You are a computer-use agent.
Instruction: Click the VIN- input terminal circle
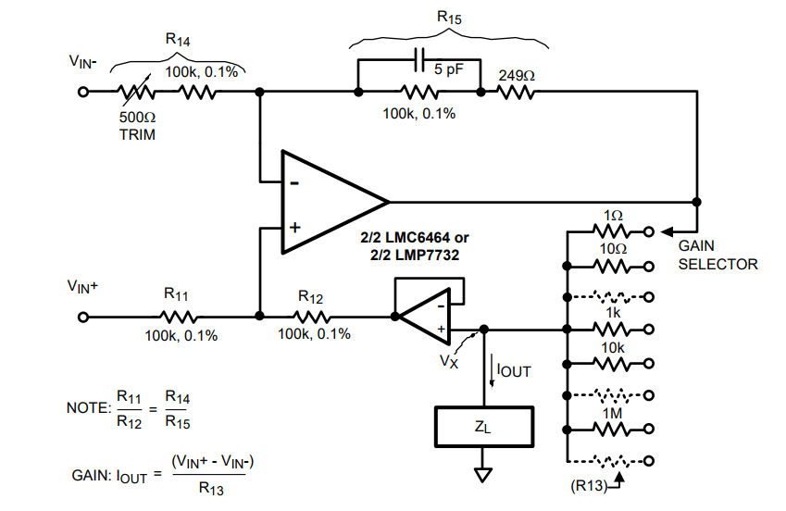click(82, 93)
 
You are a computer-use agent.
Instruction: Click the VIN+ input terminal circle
click(82, 317)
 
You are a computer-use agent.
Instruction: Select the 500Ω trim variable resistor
click(135, 93)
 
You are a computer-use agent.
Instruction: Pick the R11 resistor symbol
click(177, 317)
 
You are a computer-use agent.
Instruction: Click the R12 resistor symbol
click(311, 317)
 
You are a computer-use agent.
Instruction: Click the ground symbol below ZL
click(482, 475)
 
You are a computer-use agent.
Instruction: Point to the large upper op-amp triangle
click(329, 201)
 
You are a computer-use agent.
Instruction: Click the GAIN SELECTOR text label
click(717, 255)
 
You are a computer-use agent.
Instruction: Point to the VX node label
click(449, 362)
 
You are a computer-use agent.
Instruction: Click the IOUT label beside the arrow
click(515, 370)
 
